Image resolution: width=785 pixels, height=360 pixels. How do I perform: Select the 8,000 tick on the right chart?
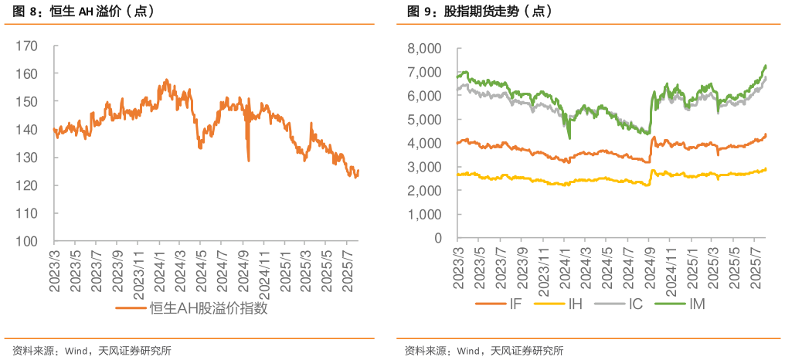click(x=424, y=49)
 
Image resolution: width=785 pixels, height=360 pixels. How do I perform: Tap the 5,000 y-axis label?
click(x=424, y=120)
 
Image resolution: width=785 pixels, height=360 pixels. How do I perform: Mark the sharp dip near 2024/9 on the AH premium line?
click(x=248, y=160)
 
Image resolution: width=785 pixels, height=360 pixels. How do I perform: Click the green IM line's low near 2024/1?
click(x=569, y=138)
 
